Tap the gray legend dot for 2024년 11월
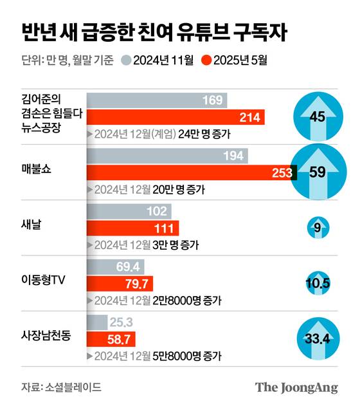[x=126, y=61]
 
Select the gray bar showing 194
[x=167, y=156]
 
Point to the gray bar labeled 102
[x=128, y=210]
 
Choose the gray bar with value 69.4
[x=115, y=266]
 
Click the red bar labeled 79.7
[x=119, y=283]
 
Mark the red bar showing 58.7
[x=110, y=338]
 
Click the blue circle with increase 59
[x=316, y=172]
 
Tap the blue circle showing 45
[x=317, y=117]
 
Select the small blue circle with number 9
[x=317, y=227]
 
